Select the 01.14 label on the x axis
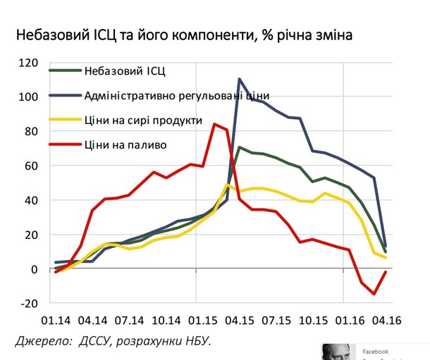coord(56,318)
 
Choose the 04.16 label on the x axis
coord(386,318)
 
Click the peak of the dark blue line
coord(240,79)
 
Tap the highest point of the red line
coord(214,124)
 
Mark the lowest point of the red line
coord(374,294)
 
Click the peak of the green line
coord(240,147)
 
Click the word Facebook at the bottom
coord(376,351)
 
